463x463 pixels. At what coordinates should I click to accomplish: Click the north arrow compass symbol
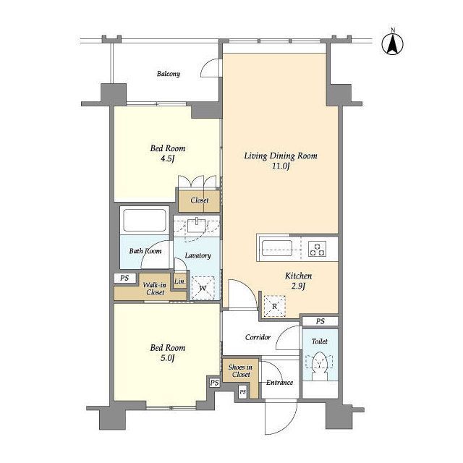[393, 43]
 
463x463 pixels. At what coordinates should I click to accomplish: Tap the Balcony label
[169, 74]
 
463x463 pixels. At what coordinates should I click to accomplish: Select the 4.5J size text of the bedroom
[167, 159]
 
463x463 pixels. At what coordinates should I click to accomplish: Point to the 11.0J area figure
[281, 166]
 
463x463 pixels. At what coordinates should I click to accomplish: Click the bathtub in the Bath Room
[145, 220]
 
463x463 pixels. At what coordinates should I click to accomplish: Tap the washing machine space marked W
[203, 288]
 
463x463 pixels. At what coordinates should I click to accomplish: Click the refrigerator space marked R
[274, 306]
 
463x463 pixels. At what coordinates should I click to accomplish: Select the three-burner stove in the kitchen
[318, 249]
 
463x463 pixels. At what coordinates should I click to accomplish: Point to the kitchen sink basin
[277, 248]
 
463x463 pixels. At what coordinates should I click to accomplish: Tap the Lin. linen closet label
[180, 281]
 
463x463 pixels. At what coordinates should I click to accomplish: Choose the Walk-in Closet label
[155, 289]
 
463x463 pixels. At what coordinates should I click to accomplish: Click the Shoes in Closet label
[240, 371]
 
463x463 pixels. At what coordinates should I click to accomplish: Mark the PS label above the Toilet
[320, 321]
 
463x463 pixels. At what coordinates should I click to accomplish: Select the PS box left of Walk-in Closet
[124, 278]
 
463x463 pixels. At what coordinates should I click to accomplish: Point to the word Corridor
[258, 337]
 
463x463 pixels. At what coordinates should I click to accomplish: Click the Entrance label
[279, 383]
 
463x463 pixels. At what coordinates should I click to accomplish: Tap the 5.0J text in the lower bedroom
[167, 358]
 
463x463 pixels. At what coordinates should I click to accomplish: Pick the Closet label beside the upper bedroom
[200, 200]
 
